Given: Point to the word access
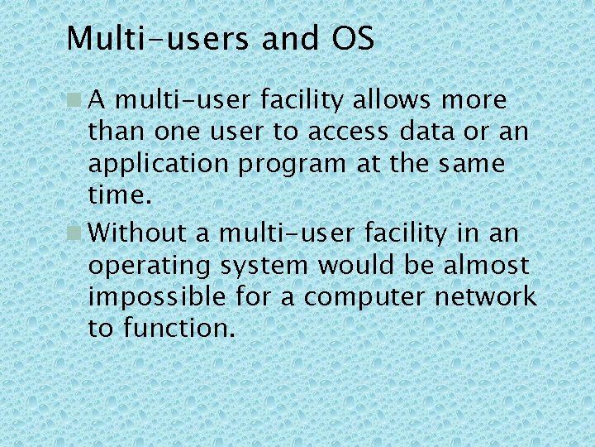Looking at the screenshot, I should coord(348,132).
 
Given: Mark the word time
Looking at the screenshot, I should coord(119,195).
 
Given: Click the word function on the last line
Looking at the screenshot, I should coord(174,328).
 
